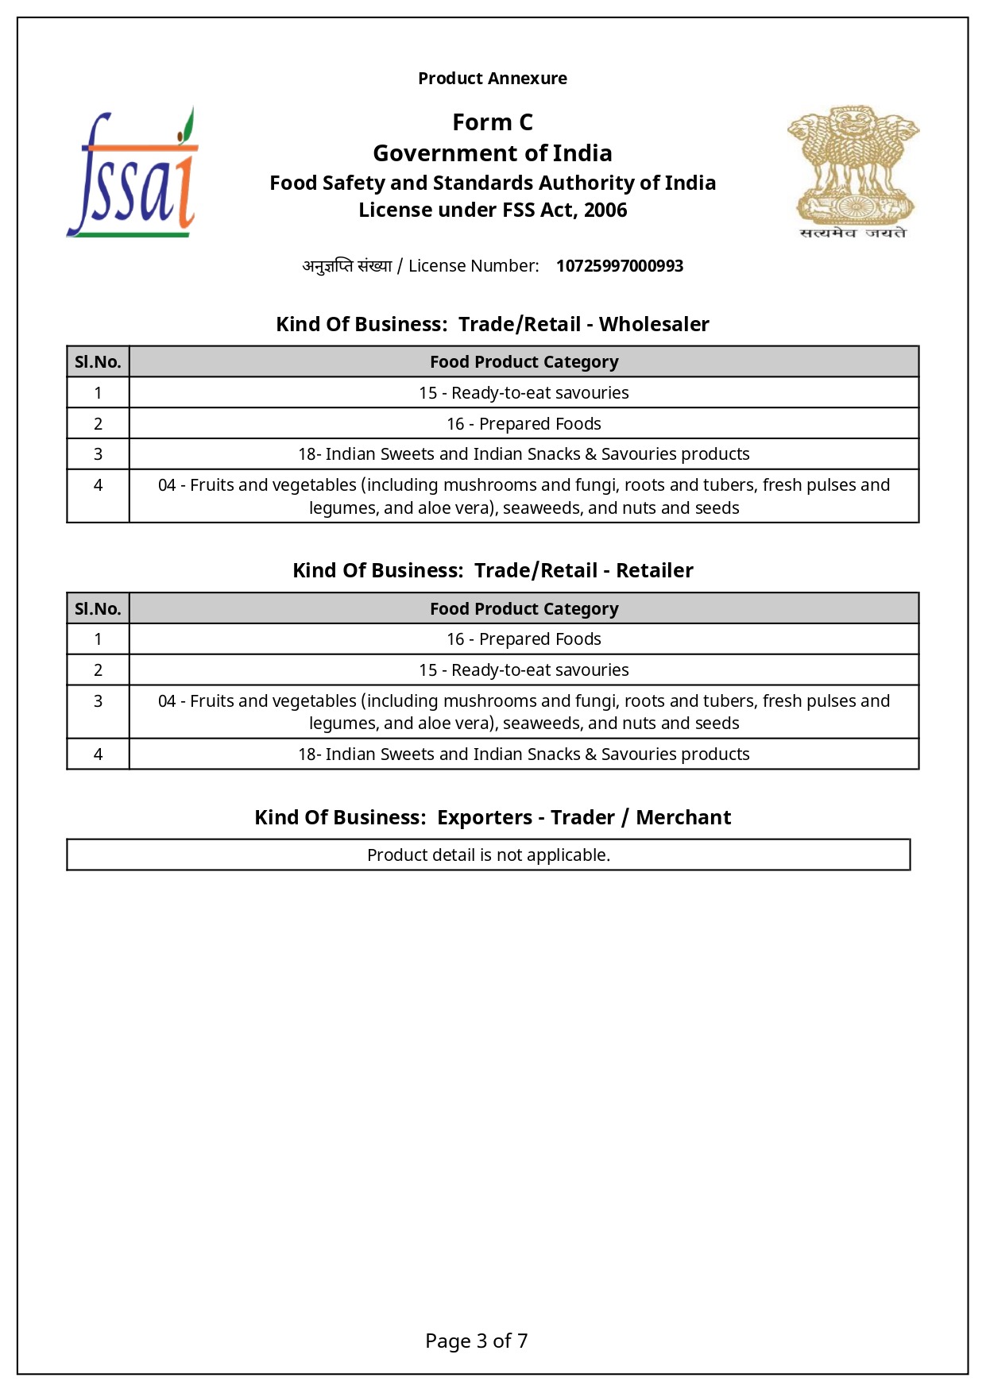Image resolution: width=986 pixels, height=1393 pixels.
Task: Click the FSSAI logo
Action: click(133, 173)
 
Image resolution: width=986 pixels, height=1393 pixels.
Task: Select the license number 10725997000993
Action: click(619, 266)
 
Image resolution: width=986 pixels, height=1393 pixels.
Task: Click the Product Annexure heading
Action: click(493, 79)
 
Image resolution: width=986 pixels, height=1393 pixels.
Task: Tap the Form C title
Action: click(493, 122)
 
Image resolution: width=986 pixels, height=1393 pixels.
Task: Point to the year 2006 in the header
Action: click(605, 210)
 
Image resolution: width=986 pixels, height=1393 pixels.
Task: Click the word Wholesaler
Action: click(654, 324)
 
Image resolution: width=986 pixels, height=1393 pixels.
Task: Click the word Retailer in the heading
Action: click(655, 570)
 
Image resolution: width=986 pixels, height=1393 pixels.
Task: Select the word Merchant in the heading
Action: click(683, 817)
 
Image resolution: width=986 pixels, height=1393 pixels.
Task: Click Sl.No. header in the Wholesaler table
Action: click(98, 362)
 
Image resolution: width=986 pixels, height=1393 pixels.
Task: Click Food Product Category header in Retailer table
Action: click(524, 609)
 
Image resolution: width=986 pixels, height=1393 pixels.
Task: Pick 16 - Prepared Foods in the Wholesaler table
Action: click(524, 424)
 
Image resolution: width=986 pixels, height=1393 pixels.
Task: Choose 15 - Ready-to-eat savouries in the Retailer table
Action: click(524, 670)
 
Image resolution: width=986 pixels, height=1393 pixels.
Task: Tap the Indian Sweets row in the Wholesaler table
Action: click(524, 454)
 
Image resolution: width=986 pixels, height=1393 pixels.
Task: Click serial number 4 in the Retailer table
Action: click(98, 754)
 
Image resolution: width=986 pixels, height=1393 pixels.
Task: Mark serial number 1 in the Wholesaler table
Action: click(98, 393)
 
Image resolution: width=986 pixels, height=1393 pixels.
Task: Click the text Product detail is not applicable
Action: click(489, 855)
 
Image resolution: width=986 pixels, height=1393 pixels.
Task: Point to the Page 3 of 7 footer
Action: click(477, 1341)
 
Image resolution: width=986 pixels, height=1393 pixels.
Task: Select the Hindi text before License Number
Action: click(347, 266)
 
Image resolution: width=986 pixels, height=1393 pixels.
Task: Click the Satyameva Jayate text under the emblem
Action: click(853, 233)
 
